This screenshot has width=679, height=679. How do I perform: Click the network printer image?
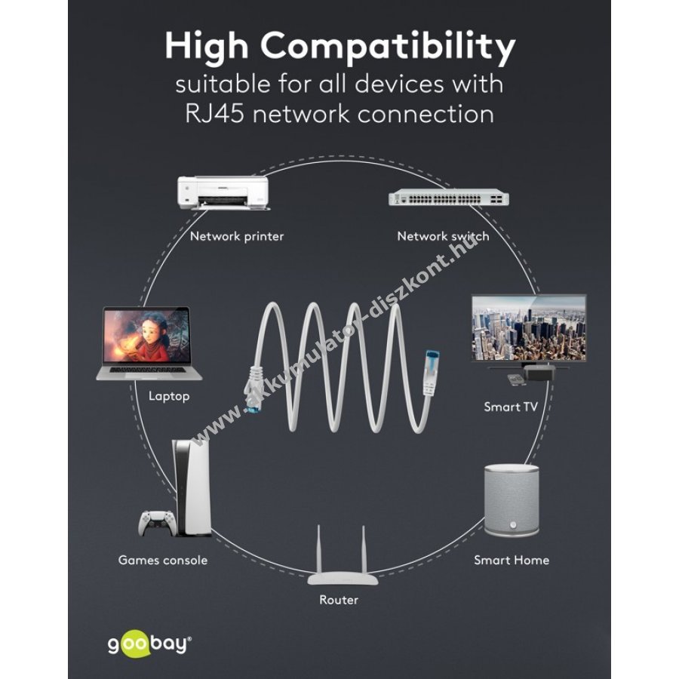pyautogui.click(x=223, y=192)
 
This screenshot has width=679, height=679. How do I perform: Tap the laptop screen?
pyautogui.click(x=147, y=336)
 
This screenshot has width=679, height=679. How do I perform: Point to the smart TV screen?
pyautogui.click(x=529, y=328)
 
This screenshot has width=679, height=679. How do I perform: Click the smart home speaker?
pyautogui.click(x=512, y=500)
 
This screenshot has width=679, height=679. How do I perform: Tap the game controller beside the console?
pyautogui.click(x=157, y=523)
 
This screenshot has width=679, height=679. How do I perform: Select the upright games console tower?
pyautogui.click(x=192, y=487)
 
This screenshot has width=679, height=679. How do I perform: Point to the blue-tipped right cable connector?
pyautogui.click(x=431, y=372)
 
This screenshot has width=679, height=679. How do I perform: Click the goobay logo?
pyautogui.click(x=149, y=645)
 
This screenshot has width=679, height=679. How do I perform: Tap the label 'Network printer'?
pyautogui.click(x=237, y=236)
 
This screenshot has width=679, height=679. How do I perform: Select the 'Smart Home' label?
pyautogui.click(x=512, y=560)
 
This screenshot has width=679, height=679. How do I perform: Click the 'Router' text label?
pyautogui.click(x=339, y=600)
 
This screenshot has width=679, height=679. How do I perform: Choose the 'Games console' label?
pyautogui.click(x=163, y=560)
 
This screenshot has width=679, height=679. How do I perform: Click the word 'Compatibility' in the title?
pyautogui.click(x=388, y=47)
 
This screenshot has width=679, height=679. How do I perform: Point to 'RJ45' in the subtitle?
pyautogui.click(x=214, y=114)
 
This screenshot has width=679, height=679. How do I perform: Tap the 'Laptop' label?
pyautogui.click(x=169, y=396)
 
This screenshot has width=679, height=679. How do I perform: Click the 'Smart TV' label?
pyautogui.click(x=511, y=407)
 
